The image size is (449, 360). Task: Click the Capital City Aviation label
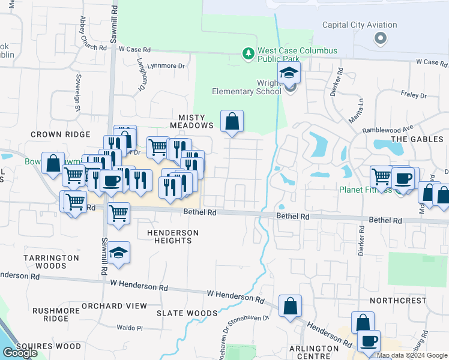(x=360, y=25)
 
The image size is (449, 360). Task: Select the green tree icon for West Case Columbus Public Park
(x=249, y=55)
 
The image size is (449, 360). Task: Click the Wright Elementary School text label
(x=246, y=88)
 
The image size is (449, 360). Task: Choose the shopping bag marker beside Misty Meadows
(x=232, y=122)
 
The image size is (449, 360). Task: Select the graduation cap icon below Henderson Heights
(x=119, y=254)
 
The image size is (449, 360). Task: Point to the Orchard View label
(x=114, y=306)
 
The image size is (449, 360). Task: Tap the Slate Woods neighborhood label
(x=187, y=313)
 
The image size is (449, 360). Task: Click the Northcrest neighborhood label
(x=397, y=300)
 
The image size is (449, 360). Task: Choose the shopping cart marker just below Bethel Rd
(x=119, y=213)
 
